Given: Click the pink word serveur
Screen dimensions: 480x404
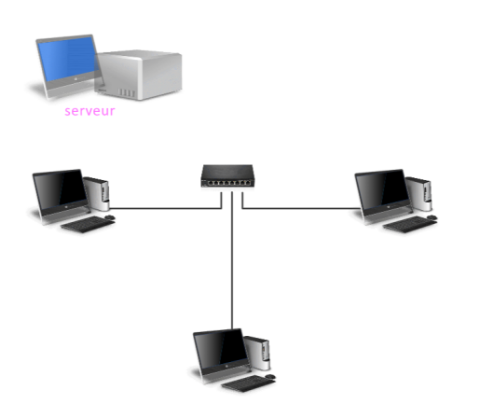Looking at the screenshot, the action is click(x=89, y=111).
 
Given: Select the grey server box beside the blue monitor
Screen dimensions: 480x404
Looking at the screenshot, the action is click(x=139, y=75).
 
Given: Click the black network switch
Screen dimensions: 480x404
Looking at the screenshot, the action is click(x=227, y=175).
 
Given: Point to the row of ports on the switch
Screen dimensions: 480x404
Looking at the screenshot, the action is click(x=228, y=183).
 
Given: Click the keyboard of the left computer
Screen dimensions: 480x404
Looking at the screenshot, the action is click(x=88, y=224).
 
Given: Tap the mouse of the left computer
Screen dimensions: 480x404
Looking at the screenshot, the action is click(x=110, y=217).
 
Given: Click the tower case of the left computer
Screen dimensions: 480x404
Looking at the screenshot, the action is click(x=97, y=193).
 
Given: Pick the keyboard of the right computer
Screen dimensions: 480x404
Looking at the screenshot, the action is click(x=410, y=224).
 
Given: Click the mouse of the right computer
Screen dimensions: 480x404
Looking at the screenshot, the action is click(x=432, y=217).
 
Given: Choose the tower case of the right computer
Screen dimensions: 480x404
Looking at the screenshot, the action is click(x=419, y=193).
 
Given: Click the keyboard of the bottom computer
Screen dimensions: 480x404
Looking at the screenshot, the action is click(x=249, y=383).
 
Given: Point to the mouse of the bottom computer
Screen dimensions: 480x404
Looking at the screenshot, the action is click(x=270, y=376).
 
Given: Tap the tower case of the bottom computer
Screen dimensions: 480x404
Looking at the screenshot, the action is click(x=257, y=353).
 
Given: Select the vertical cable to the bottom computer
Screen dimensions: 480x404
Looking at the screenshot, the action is click(x=232, y=260).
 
